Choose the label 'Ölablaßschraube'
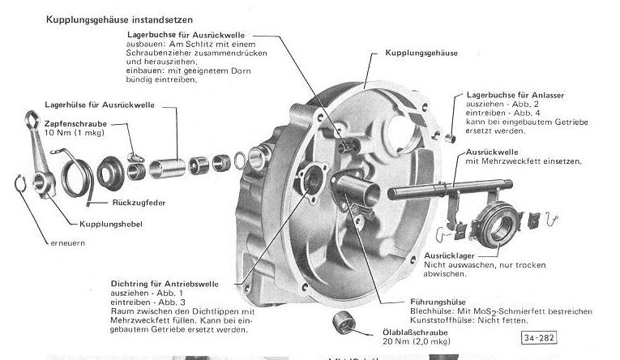(424, 332)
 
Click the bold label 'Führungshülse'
(437, 302)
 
